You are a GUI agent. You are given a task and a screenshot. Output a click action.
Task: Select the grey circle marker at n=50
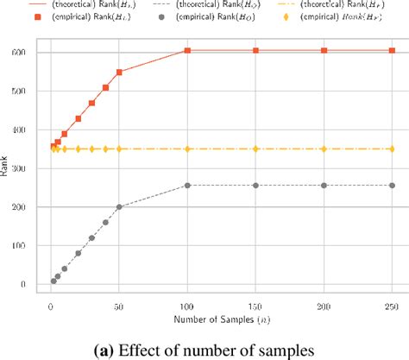pyautogui.click(x=119, y=207)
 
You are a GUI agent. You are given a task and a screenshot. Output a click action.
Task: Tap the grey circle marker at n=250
pyautogui.click(x=392, y=186)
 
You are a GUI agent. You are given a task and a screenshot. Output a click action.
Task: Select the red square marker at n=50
pyautogui.click(x=119, y=73)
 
